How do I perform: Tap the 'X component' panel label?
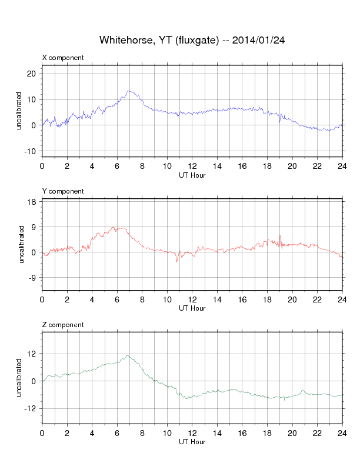63,58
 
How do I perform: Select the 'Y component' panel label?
63,191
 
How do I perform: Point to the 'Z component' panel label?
63,325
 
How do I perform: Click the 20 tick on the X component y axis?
31,74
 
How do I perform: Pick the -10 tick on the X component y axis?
30,151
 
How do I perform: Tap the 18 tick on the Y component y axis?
31,202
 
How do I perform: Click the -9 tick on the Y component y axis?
32,278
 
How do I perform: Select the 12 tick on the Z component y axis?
31,354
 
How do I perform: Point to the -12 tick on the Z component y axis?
30,408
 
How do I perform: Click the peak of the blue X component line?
129,91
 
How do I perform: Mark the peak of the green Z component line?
128,355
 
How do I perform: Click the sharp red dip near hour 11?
176,261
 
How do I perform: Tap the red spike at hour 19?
280,236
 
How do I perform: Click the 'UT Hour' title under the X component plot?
192,174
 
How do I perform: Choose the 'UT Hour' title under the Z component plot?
192,441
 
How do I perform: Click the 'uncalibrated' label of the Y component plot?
20,243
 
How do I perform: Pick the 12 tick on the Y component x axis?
192,299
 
